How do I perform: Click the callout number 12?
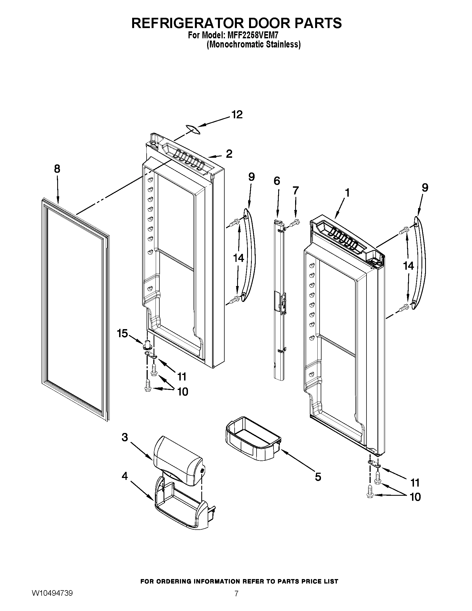pos(237,114)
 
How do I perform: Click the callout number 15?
pos(122,334)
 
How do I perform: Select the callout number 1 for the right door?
pos(347,193)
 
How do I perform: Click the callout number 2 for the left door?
pos(229,154)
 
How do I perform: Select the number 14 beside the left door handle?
pos(238,258)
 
